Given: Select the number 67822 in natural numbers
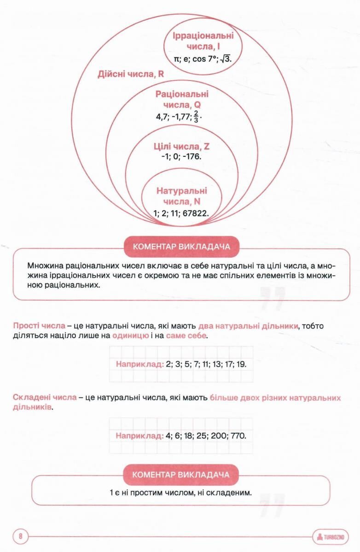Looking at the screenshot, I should [196, 213].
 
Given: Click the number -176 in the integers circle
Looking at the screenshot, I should [193, 156].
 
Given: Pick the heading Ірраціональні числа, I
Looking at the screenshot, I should [203, 41].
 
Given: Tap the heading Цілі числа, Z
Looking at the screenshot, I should [181, 147].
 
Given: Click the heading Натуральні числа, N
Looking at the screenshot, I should [181, 196].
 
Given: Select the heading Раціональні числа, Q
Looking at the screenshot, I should [182, 99].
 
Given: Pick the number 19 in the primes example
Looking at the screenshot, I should [243, 364].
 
